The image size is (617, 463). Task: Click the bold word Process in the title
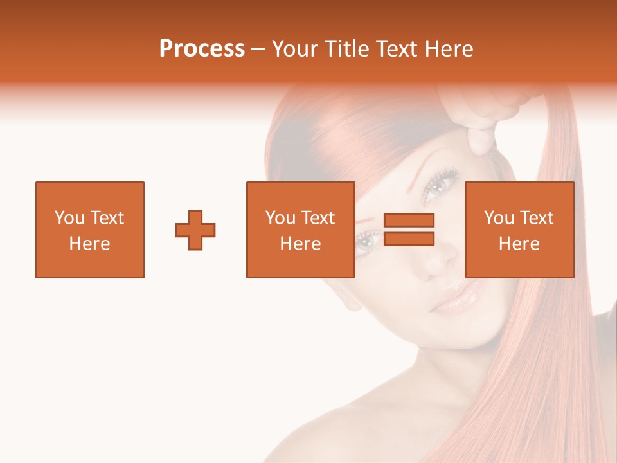202,49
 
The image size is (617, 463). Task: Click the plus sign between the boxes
195,230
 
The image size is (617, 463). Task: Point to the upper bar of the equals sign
409,220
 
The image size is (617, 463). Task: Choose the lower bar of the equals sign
409,239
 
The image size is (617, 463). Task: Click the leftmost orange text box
90,230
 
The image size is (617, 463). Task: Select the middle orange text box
300,230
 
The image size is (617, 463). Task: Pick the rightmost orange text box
519,230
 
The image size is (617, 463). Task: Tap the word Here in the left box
90,244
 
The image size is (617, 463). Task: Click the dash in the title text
258,50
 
